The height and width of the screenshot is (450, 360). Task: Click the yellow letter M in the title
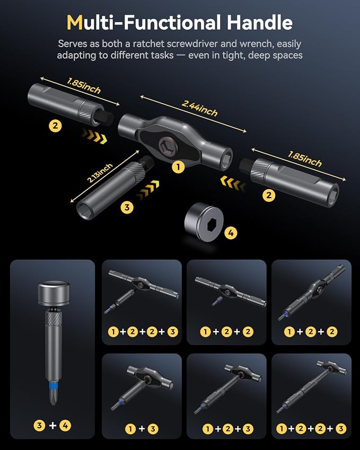pos(75,22)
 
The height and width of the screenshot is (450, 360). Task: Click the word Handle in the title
pos(259,22)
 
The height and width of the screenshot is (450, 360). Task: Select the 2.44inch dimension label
pos(199,108)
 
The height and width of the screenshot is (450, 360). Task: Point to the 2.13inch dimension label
pos(100,173)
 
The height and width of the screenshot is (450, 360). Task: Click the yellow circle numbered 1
pos(178,167)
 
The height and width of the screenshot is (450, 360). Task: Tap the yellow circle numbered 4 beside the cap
pos(231,233)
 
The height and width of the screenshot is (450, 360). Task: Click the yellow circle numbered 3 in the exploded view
pos(127,207)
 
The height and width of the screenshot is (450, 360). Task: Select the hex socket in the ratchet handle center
pos(165,144)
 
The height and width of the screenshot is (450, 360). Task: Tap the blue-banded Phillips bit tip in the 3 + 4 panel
pos(53,393)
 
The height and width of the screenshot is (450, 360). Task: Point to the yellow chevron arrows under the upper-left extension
pos(94,136)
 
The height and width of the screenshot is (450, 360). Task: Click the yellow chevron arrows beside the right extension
pos(233,184)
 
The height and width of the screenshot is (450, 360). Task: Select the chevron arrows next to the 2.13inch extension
pos(148,189)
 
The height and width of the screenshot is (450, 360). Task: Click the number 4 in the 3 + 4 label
pos(65,425)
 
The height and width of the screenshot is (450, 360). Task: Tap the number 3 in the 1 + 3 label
pos(153,429)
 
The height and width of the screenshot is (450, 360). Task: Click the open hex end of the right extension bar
pos(332,196)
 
